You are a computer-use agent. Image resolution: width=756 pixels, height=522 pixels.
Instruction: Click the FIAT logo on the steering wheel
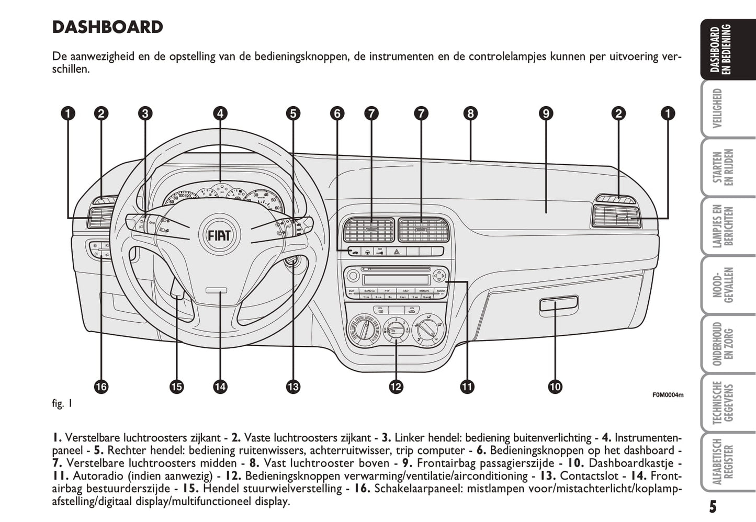click(x=219, y=235)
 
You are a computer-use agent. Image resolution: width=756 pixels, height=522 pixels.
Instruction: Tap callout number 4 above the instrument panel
click(x=220, y=114)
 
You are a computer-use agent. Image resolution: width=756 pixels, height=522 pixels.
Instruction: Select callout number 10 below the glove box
click(x=555, y=387)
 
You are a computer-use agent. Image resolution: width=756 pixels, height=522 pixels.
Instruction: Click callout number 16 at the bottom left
click(x=101, y=387)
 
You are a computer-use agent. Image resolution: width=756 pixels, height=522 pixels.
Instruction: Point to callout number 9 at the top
click(x=546, y=114)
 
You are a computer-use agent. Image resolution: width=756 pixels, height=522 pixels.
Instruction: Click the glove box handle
click(x=558, y=303)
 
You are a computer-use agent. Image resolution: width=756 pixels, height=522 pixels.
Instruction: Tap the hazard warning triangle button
click(x=397, y=252)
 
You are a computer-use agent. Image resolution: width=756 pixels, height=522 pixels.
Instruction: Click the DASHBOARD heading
click(x=108, y=27)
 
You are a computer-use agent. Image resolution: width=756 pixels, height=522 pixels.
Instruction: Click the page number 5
click(x=713, y=507)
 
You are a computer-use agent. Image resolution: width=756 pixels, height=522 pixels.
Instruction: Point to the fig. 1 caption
click(x=62, y=403)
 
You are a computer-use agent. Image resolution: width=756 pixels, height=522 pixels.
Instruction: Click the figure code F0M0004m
click(x=668, y=395)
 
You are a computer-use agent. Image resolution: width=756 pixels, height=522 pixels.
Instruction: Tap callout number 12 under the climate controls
click(x=396, y=387)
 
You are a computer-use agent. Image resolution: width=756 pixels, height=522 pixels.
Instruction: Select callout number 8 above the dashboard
click(x=470, y=114)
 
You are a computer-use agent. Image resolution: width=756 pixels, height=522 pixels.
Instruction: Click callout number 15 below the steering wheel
click(x=177, y=387)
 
